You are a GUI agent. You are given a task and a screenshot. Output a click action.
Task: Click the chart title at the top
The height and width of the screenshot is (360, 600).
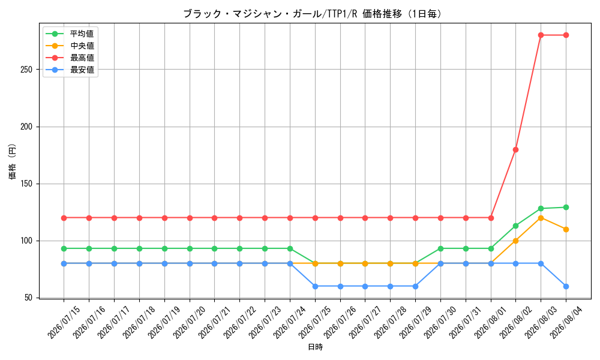coord(313,14)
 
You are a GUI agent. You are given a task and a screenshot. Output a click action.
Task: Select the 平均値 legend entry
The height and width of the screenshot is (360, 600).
coord(70,34)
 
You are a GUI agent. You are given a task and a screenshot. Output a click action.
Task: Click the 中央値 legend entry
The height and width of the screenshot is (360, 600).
coord(70,46)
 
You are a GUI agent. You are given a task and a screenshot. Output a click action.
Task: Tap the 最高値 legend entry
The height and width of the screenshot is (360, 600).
coord(70,58)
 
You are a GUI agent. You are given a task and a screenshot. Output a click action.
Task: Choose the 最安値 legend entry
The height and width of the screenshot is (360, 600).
coord(70,70)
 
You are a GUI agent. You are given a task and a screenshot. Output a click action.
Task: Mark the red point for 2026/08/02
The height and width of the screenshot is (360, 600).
coord(515,149)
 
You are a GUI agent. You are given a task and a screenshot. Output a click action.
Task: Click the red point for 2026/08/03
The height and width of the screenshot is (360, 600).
coord(541,35)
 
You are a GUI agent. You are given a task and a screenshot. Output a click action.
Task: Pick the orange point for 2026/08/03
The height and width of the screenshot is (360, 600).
coord(541,218)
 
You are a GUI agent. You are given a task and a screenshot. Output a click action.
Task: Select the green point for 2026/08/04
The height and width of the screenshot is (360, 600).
coord(566,208)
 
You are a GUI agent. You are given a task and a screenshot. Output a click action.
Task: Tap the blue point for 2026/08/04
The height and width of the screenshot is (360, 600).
coord(566,286)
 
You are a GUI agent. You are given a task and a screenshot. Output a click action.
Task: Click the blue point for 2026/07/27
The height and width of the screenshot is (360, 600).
coord(365,286)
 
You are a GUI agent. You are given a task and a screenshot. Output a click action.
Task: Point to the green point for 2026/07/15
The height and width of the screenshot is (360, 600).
coord(64,248)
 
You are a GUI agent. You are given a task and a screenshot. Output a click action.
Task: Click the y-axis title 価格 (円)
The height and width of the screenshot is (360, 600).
coord(13,161)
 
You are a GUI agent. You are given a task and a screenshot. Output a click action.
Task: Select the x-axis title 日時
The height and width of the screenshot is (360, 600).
coord(316,347)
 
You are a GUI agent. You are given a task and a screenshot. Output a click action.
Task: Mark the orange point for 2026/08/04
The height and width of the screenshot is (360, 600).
coord(566,230)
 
